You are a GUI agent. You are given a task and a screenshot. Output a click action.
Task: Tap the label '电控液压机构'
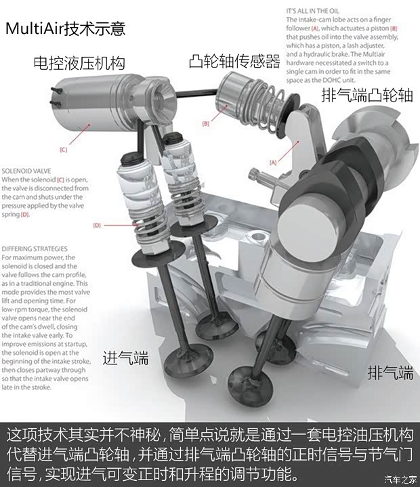79,64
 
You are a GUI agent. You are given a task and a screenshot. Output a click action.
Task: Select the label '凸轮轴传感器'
234,62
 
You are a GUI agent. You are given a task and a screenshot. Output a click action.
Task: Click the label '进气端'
125,357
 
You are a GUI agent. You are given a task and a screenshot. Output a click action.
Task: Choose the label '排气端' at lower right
390,372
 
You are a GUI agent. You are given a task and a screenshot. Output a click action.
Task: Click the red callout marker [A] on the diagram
274,163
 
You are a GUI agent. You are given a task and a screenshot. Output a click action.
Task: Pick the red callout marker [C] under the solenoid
63,150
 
